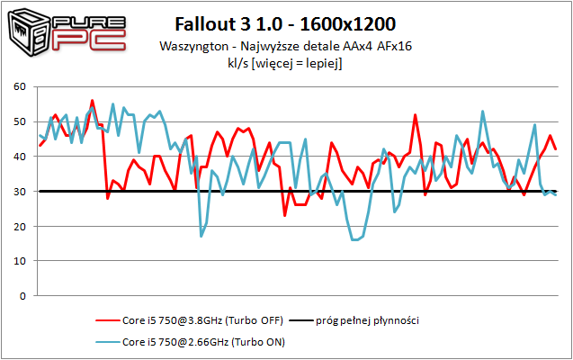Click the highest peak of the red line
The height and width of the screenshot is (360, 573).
(x=92, y=101)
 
